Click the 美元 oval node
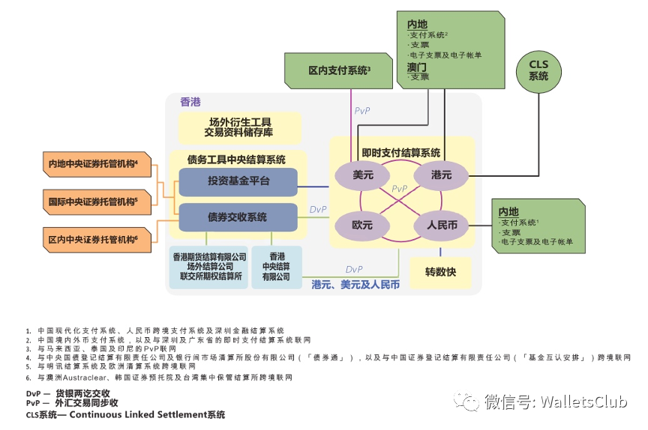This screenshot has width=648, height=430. [x=362, y=175]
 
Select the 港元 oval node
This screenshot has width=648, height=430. [x=441, y=175]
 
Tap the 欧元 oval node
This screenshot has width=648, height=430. [x=362, y=225]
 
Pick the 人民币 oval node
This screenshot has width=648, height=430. [x=442, y=225]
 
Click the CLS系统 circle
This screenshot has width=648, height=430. [x=538, y=70]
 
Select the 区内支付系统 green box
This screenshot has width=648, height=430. [x=338, y=71]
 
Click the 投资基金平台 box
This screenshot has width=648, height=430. [x=238, y=181]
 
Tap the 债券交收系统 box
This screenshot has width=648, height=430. [x=238, y=217]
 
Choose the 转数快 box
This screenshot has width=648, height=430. [x=440, y=272]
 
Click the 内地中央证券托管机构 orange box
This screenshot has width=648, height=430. [x=93, y=164]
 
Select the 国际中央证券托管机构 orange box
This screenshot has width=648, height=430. [x=93, y=202]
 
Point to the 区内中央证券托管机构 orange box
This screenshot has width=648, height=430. [x=93, y=240]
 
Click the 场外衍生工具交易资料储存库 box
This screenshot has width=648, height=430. [x=239, y=127]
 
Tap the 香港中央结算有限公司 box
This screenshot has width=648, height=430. [x=276, y=266]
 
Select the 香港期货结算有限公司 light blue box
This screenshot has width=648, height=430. [x=209, y=266]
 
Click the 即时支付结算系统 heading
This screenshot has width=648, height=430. [x=400, y=152]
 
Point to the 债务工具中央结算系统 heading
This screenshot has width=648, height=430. [x=236, y=160]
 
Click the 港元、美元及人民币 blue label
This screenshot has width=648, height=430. [x=355, y=285]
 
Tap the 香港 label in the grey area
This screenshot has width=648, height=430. [x=190, y=102]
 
